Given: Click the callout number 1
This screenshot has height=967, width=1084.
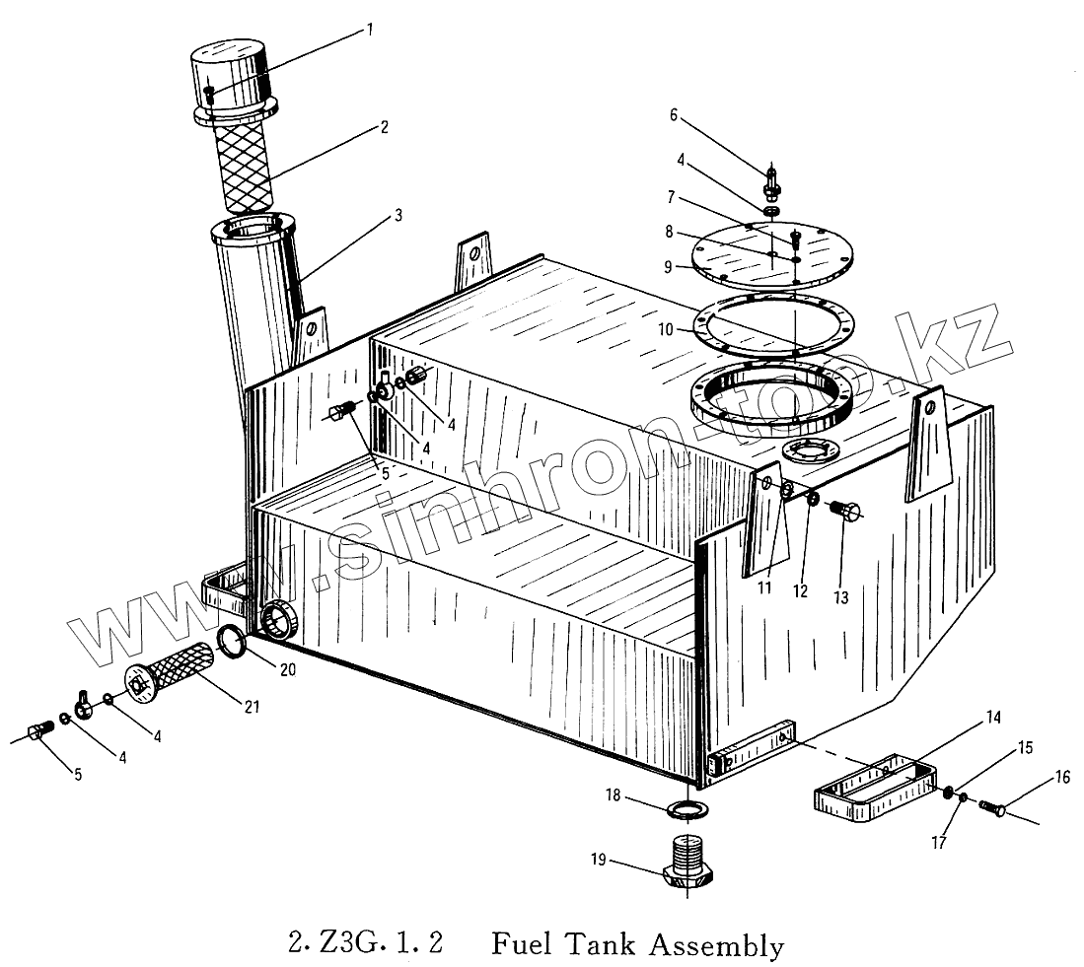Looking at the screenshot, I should tap(370, 30).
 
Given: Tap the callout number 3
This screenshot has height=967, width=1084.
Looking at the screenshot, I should tap(398, 215).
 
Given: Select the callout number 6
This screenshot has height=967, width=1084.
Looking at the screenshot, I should tap(674, 115).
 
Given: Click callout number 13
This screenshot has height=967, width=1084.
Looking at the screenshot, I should tap(840, 596).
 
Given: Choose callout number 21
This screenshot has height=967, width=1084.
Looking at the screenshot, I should tap(253, 707).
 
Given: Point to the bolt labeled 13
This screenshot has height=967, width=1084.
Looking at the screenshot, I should tap(845, 511).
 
